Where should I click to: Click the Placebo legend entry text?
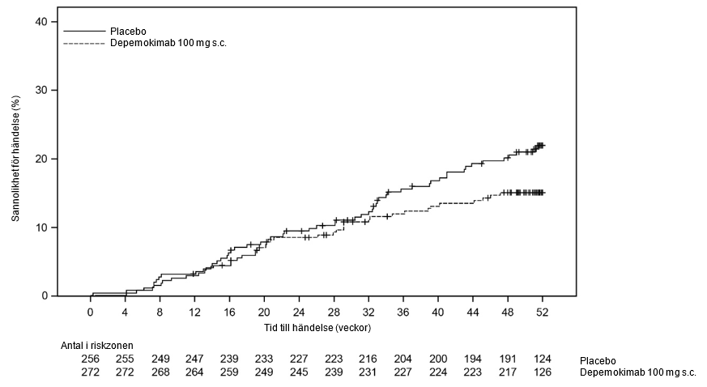click(x=128, y=32)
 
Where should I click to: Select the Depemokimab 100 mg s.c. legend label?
click(x=168, y=43)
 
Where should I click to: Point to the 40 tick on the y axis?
click(x=42, y=22)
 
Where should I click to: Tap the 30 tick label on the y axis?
click(x=42, y=90)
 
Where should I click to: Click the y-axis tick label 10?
click(x=42, y=227)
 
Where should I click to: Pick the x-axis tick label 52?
click(x=543, y=312)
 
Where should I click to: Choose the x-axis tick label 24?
click(x=299, y=312)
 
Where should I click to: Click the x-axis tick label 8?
click(x=160, y=312)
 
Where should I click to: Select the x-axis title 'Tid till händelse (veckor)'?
click(x=317, y=328)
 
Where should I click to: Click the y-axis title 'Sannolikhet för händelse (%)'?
click(x=15, y=158)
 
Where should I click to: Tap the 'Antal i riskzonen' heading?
click(x=97, y=346)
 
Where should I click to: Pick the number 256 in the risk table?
click(x=90, y=359)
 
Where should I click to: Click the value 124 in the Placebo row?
click(x=543, y=359)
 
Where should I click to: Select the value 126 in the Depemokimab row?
click(x=543, y=372)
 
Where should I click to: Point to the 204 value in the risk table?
click(x=403, y=359)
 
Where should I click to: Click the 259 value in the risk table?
click(x=229, y=372)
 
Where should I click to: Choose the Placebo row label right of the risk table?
click(x=598, y=361)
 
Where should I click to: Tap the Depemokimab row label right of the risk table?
click(x=638, y=372)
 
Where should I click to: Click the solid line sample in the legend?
click(x=84, y=31)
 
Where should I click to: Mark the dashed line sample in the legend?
click(x=84, y=43)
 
